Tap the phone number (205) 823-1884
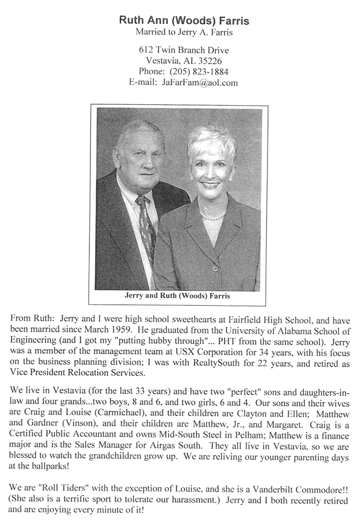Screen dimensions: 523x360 (192, 72)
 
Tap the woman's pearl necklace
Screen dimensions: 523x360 (213, 216)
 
